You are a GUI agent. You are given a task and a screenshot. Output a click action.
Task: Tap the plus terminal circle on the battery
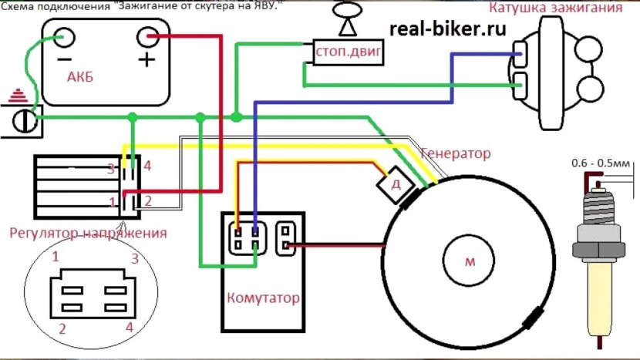click(147, 37)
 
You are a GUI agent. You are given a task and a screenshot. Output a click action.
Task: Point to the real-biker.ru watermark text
click(448, 29)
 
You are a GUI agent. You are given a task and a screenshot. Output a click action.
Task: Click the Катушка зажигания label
click(556, 9)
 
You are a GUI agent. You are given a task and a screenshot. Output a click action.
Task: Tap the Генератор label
click(455, 153)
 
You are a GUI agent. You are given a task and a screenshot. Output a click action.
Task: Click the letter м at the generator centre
click(470, 261)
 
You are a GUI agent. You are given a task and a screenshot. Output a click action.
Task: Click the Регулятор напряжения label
click(88, 232)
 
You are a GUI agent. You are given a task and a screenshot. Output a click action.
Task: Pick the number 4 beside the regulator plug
click(147, 166)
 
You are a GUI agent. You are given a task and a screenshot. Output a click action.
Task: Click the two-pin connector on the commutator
click(286, 238)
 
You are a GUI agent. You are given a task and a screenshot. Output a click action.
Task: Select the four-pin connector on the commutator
click(246, 238)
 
